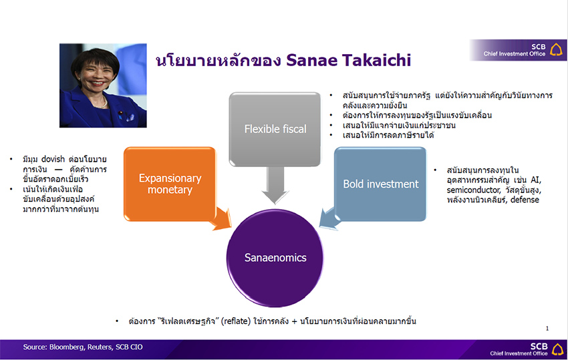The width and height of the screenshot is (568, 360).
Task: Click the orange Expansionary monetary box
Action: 170,184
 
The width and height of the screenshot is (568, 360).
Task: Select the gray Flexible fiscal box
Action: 275,129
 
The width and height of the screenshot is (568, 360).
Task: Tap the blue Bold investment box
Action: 380,184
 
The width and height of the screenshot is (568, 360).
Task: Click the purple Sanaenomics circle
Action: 275,258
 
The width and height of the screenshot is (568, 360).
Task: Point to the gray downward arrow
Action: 275,185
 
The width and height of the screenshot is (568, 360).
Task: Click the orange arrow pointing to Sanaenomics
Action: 222,218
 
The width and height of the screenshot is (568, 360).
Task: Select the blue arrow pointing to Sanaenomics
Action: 329,218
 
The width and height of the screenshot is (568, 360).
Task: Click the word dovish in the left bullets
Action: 53,159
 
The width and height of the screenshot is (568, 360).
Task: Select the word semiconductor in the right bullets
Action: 473,190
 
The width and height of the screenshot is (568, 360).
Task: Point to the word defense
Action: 525,200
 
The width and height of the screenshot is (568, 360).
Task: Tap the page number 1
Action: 547,329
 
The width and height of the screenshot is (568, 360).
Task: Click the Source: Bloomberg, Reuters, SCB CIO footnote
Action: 83,347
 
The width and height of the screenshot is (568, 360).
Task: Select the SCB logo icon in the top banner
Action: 556,49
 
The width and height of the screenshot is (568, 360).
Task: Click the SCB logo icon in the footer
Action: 558,349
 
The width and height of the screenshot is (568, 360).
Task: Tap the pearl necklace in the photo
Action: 102,104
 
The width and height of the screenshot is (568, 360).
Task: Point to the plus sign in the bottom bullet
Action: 294,322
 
